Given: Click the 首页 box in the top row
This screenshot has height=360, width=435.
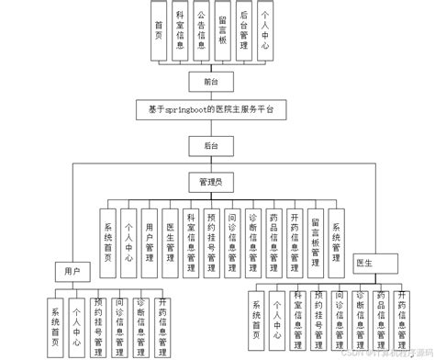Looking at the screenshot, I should tap(160, 33).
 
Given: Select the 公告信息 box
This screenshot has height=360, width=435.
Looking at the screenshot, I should tap(202, 33).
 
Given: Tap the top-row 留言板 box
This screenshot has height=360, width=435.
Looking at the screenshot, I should tap(223, 33).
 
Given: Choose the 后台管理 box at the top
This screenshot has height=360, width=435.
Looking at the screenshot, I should tap(244, 33).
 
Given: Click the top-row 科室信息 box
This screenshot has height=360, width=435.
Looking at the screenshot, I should tap(181, 33).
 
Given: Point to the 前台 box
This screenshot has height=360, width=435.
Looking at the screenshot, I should tap(210, 82).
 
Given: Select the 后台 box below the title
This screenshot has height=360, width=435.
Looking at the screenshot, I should tap(210, 144).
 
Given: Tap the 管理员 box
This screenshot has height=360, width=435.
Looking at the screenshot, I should tap(210, 181).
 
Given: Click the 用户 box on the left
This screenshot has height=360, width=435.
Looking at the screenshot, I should tap(72, 271).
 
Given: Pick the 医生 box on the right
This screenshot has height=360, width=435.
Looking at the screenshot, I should tap(362, 264).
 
